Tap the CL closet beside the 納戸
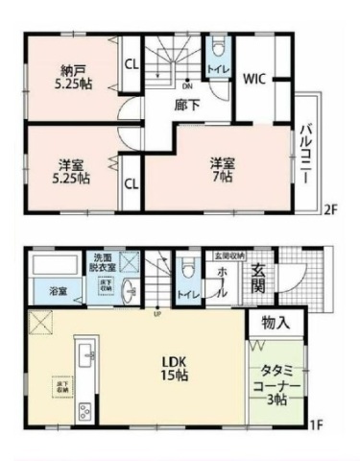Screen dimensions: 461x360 [x=131, y=65]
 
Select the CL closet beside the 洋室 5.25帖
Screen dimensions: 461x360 [x=131, y=182]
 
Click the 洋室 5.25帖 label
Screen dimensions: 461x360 [x=73, y=171]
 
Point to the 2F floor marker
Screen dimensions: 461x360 [x=328, y=210]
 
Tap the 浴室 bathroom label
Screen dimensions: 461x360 [x=57, y=291]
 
